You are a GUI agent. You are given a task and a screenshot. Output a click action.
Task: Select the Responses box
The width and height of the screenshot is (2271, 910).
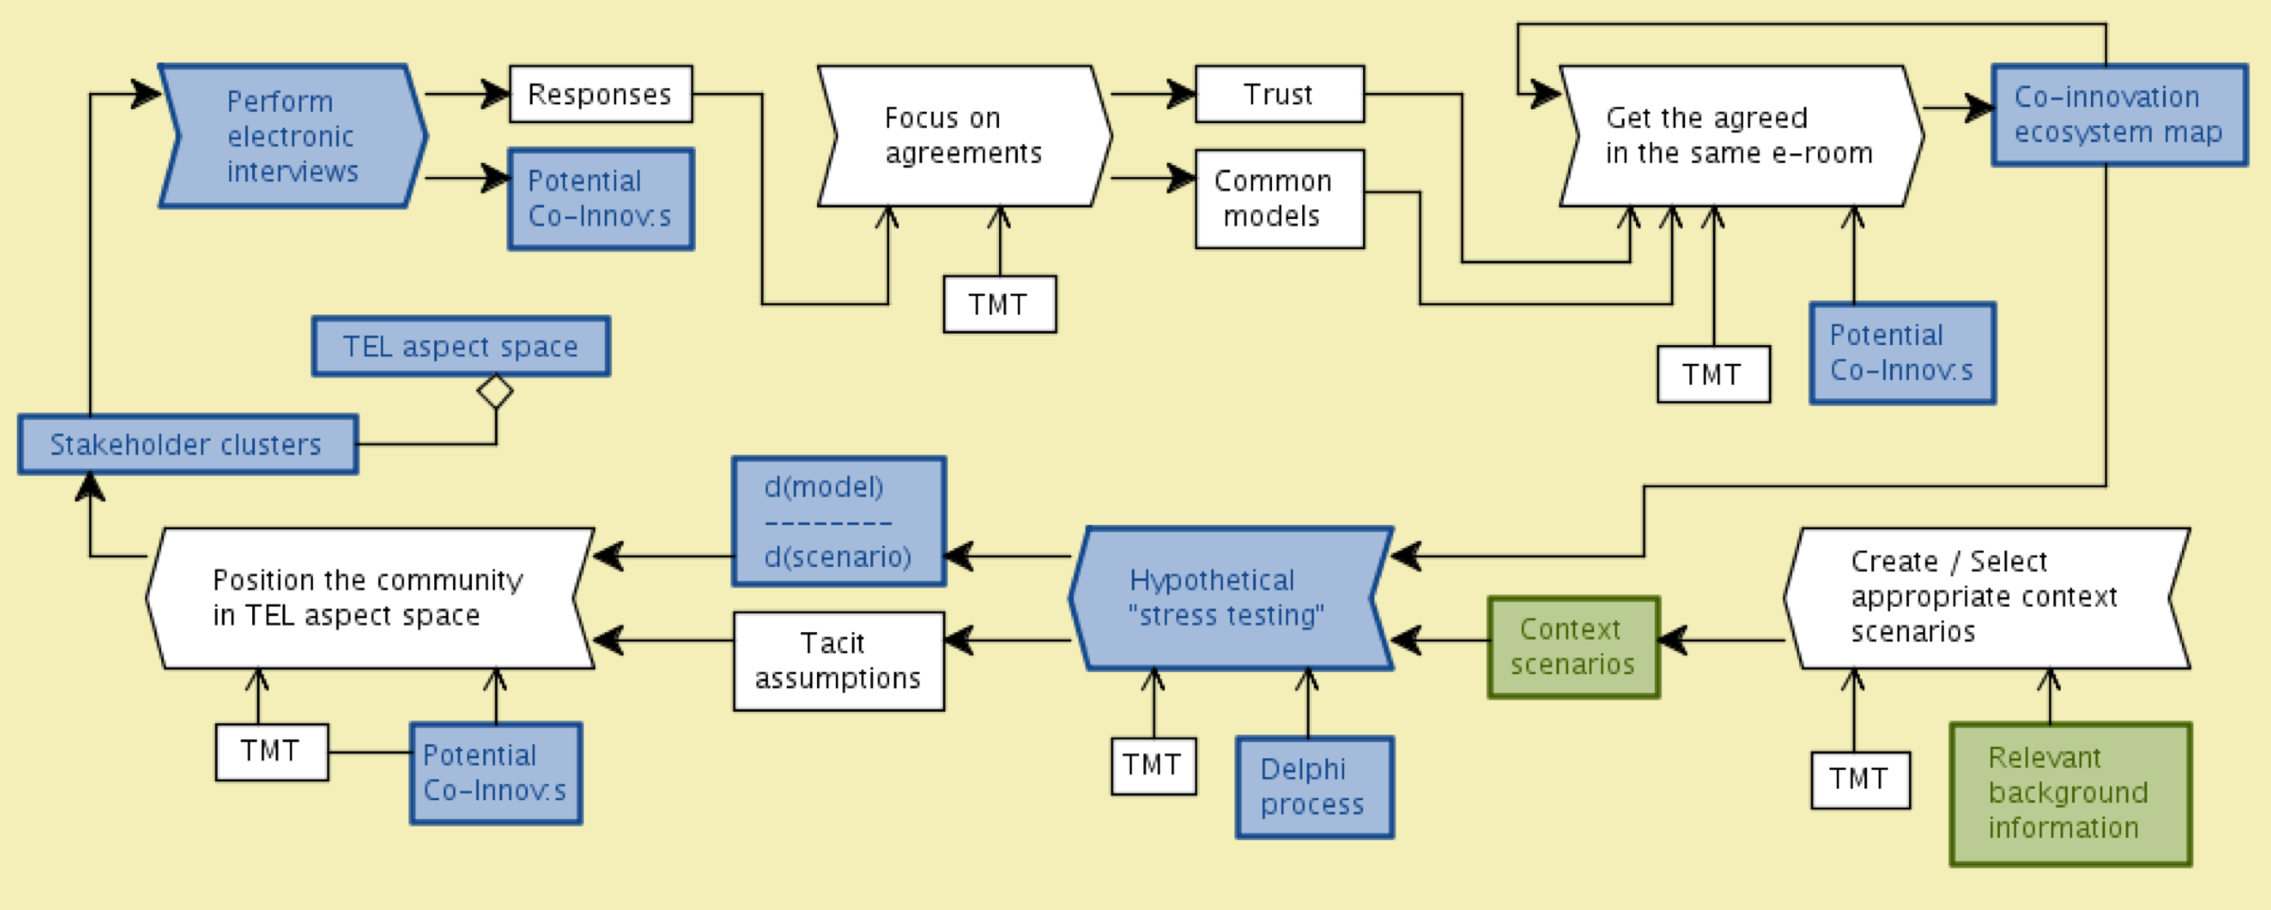point(601,94)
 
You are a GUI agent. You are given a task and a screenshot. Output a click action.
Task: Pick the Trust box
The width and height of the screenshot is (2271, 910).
point(1280,94)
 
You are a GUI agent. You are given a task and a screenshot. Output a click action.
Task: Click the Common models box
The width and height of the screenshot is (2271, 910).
point(1280,199)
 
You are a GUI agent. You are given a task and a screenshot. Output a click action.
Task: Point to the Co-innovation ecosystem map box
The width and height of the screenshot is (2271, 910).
point(2119,115)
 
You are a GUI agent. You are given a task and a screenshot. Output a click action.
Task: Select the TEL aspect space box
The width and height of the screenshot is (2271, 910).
point(461,346)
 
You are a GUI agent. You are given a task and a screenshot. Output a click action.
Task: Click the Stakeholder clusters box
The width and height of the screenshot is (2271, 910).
point(188,444)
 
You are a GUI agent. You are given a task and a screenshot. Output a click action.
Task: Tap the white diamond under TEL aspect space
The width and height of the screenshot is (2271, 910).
point(496,391)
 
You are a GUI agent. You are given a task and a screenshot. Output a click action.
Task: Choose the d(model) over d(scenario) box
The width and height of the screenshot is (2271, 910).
point(839,521)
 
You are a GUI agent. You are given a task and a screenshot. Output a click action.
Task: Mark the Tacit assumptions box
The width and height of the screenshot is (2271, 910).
point(839,661)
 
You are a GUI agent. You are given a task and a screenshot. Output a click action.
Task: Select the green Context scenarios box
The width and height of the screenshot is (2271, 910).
point(1573,647)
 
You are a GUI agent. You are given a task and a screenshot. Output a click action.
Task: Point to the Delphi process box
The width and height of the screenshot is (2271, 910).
point(1315,787)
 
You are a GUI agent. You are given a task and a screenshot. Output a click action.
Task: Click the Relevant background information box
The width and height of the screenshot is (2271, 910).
point(2070,793)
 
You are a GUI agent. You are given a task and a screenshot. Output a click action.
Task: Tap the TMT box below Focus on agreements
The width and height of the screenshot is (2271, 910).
point(999,304)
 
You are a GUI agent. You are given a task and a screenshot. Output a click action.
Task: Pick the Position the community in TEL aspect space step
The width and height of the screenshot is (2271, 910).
point(370,598)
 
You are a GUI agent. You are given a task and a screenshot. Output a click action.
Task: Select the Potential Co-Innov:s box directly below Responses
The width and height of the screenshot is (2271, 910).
point(601,199)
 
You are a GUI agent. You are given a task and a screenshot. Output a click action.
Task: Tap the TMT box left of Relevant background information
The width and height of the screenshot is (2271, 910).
point(1860,779)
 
